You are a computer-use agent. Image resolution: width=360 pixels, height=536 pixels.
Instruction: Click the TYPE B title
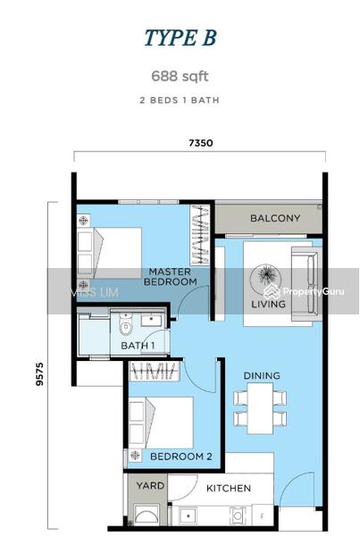coord(180,38)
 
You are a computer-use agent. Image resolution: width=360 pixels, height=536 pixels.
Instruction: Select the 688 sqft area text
coord(180,78)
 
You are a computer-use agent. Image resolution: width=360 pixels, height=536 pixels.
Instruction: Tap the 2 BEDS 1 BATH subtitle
coord(180,100)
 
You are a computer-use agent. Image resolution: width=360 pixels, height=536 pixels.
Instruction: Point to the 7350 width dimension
coord(201,143)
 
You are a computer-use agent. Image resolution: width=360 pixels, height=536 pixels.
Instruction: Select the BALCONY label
coord(274,219)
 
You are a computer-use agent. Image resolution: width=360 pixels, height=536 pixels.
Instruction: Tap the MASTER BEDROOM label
coord(172,277)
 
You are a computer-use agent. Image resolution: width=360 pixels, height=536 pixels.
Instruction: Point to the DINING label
coord(262,376)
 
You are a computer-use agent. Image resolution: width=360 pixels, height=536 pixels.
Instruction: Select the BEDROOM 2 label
coord(180,456)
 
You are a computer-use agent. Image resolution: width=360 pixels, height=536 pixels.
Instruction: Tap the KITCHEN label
coord(229,489)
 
